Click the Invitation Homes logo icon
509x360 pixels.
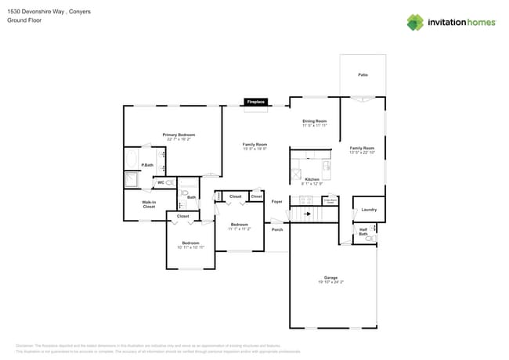pos(414,23)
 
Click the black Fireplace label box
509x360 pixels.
pos(256,102)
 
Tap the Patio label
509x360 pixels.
pos(363,74)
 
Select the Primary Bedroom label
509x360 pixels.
pos(179,135)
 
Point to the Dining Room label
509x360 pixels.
pos(314,121)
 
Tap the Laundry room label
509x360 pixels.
pos(369,209)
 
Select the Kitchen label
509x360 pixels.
pos(312,178)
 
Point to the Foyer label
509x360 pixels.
pos(276,201)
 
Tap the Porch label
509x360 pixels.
pos(276,229)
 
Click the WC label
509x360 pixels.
pos(161,182)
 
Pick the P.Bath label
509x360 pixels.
pos(147,165)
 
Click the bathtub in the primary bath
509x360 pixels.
pos(131,160)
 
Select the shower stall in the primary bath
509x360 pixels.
pos(131,181)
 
